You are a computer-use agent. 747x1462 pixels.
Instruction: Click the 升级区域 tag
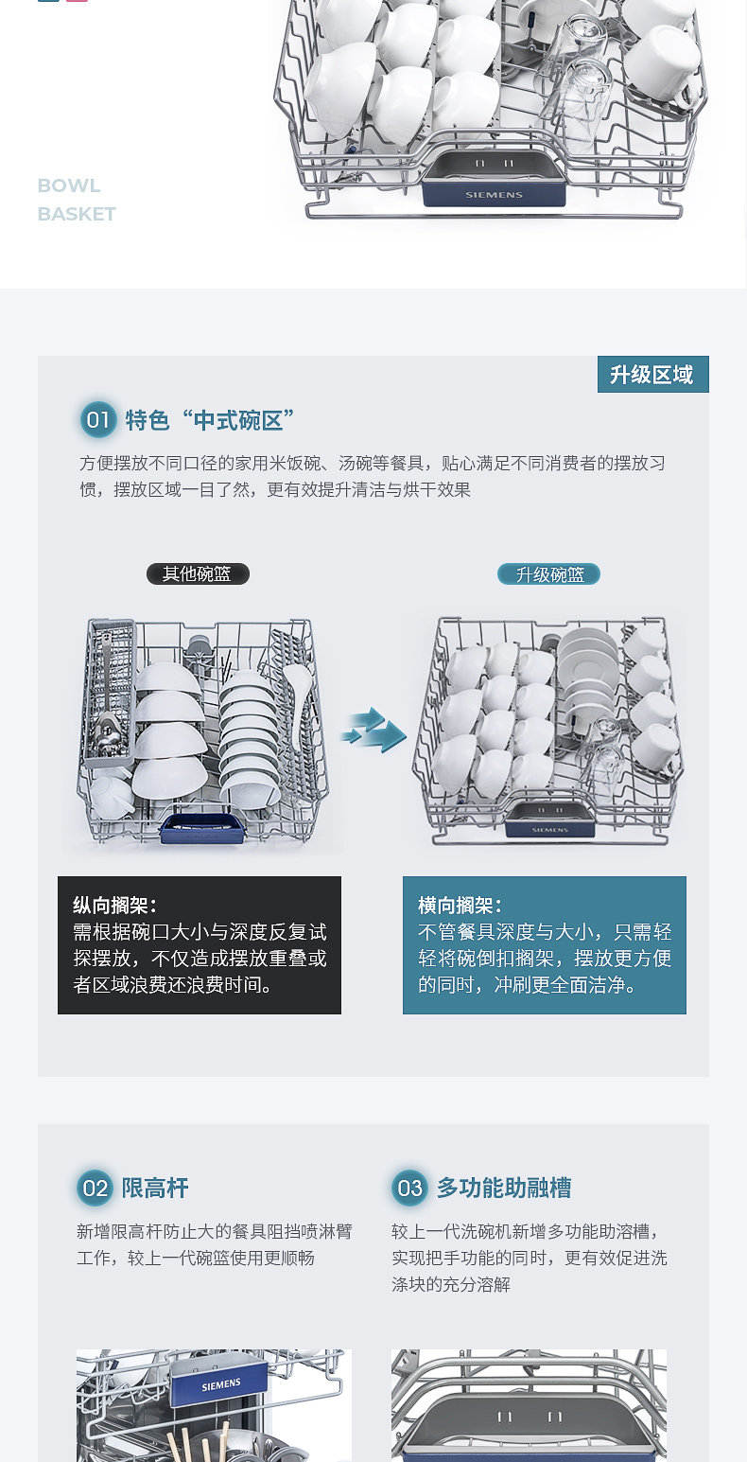(653, 374)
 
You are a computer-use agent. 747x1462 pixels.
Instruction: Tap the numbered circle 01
(97, 419)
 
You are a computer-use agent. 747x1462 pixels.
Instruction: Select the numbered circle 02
(95, 1188)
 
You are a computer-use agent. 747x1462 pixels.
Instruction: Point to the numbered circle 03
(409, 1188)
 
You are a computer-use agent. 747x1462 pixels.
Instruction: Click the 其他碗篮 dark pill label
(198, 573)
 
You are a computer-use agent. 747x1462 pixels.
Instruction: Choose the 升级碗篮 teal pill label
(548, 574)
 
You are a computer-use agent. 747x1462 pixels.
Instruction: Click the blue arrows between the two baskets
(373, 730)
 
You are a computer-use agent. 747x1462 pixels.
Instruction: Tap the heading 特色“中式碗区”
(210, 420)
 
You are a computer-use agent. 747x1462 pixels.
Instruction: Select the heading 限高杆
(155, 1188)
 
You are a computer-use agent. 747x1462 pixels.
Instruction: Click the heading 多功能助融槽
(504, 1188)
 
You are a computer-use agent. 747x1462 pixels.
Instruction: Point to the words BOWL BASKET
(77, 200)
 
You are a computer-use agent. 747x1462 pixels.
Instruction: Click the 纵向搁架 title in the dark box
(114, 906)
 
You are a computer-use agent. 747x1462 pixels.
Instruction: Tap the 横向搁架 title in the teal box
(460, 906)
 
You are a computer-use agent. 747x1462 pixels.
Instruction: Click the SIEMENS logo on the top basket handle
(494, 195)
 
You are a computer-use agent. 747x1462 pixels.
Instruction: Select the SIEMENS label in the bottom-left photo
(220, 1384)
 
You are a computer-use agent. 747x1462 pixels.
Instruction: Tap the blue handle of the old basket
(203, 828)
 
